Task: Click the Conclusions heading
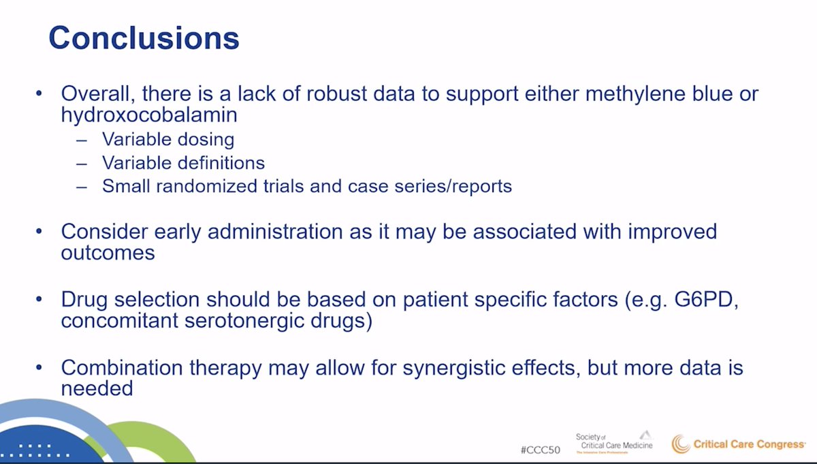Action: pos(144,37)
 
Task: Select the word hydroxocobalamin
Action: pos(149,114)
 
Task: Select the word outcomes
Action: pos(108,253)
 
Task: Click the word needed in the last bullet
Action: pos(97,388)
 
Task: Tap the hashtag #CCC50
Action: pos(540,450)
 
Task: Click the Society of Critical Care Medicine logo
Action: pos(614,442)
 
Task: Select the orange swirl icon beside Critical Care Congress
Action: pos(681,444)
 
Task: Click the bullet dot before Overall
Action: pos(39,93)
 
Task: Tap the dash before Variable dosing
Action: pos(82,140)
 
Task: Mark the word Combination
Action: pos(122,367)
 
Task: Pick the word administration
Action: pos(275,232)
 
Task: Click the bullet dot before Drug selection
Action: pos(39,299)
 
